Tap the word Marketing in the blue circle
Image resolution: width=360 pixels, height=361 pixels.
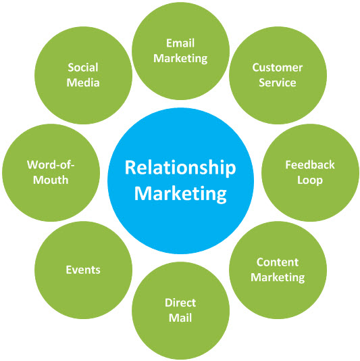pos(180,194)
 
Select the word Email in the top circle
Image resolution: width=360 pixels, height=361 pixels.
pos(180,43)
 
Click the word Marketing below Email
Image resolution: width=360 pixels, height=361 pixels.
pos(180,59)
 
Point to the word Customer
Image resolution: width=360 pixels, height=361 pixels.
pos(278,68)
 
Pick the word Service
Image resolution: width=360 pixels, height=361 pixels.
pos(278,82)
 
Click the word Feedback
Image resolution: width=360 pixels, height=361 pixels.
pos(310,165)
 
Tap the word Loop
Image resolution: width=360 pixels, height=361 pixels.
pos(310,180)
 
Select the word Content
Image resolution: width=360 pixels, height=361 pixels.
pos(278,262)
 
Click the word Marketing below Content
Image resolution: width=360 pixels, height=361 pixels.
pos(278,277)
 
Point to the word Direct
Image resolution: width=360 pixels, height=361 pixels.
pos(180,303)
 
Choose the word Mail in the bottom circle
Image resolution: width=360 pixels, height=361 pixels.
pos(180,318)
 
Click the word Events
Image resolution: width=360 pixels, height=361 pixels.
pos(83,270)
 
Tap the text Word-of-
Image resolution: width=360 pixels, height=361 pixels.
pos(51,165)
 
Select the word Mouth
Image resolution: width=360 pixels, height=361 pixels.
pos(51,180)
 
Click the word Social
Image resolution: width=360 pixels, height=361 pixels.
pos(83,68)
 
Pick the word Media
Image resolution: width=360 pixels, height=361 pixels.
pos(83,82)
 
